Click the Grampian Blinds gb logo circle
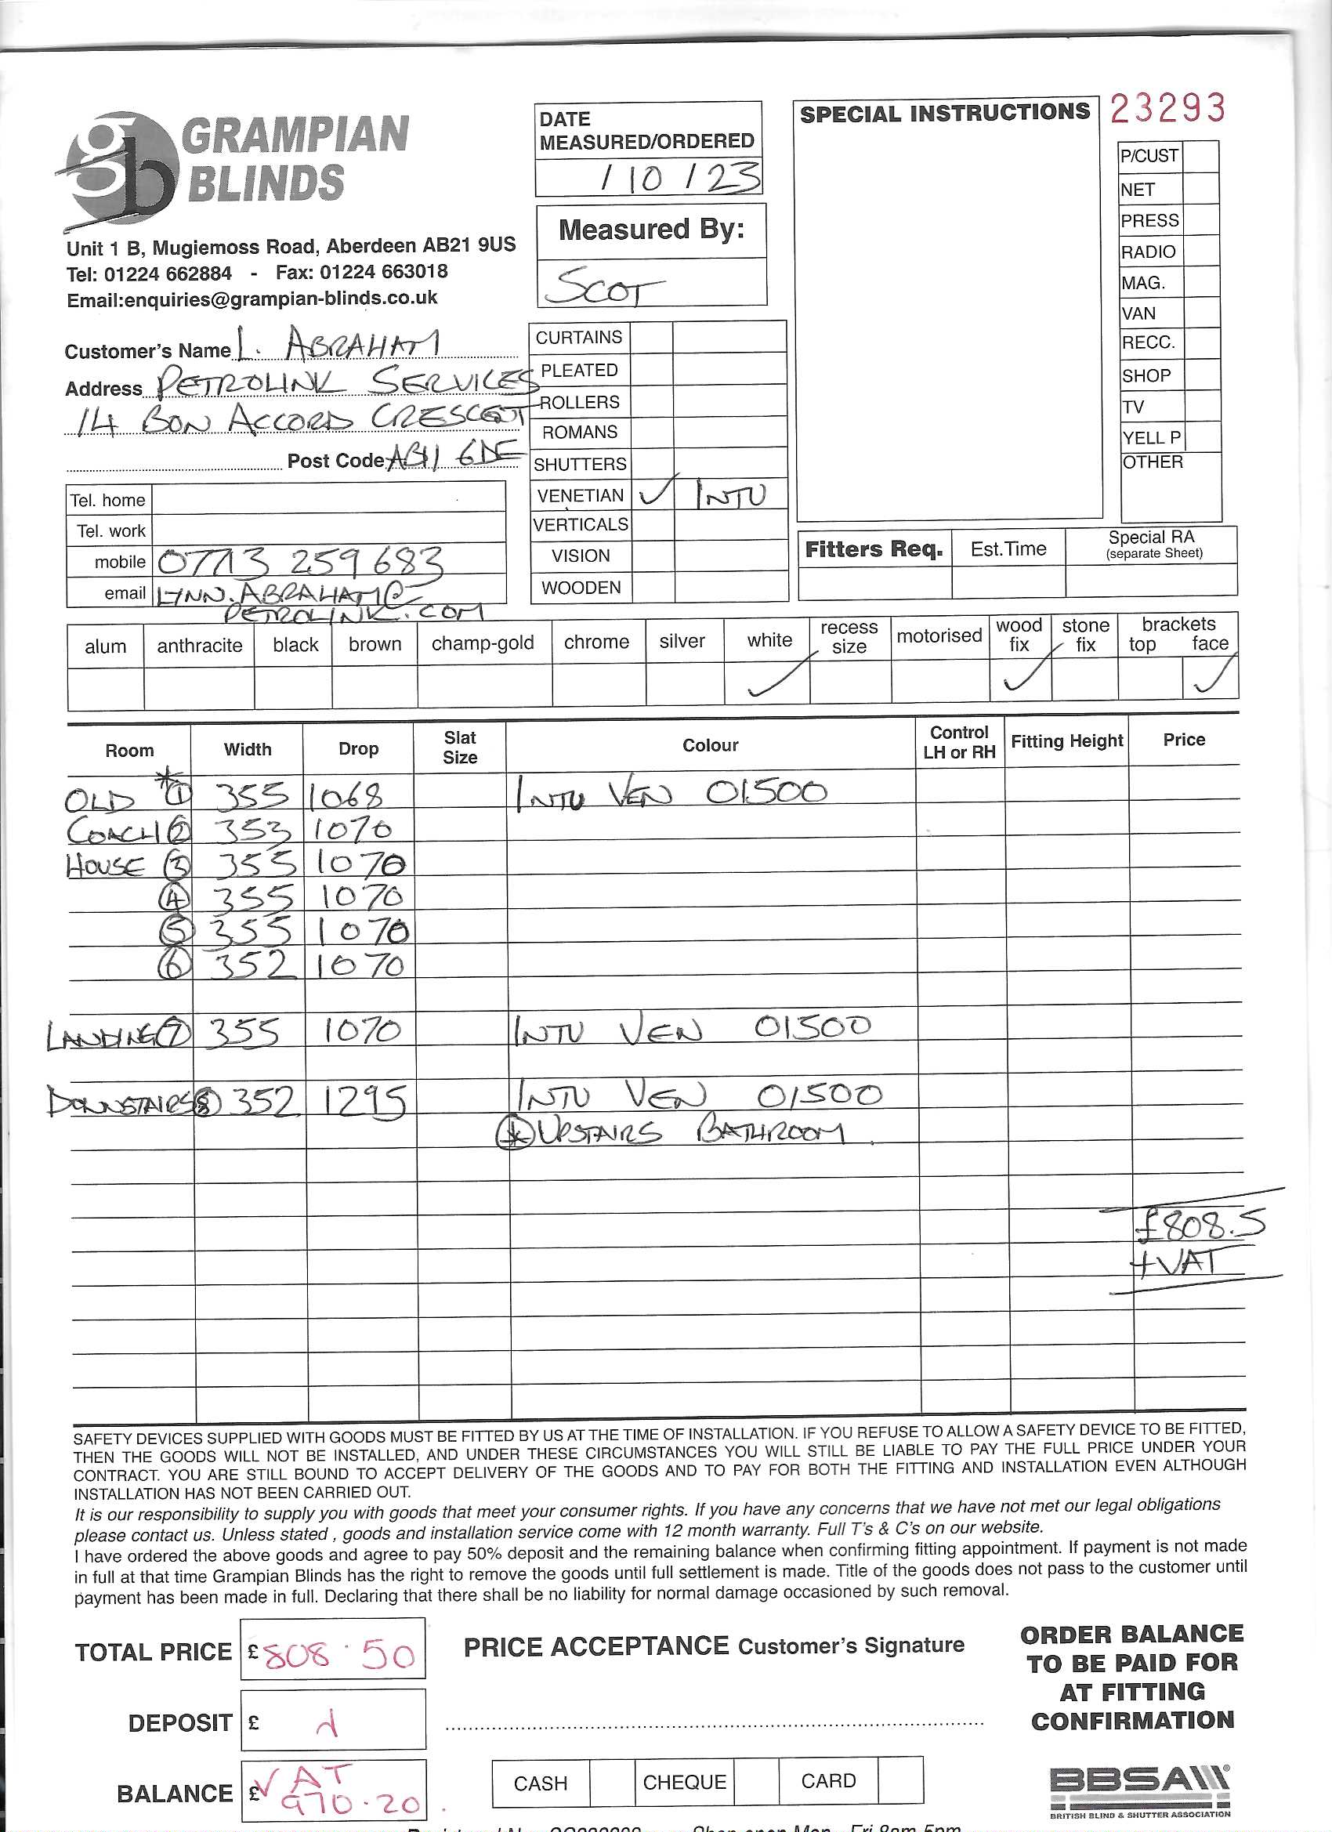121,169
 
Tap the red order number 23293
1167,108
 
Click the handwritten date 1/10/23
679,178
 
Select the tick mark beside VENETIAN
657,491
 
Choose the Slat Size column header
460,748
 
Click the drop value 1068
346,797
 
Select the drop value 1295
365,1100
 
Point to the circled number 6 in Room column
175,966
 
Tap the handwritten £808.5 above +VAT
1200,1226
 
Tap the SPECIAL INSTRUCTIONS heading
944,113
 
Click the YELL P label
1150,438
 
